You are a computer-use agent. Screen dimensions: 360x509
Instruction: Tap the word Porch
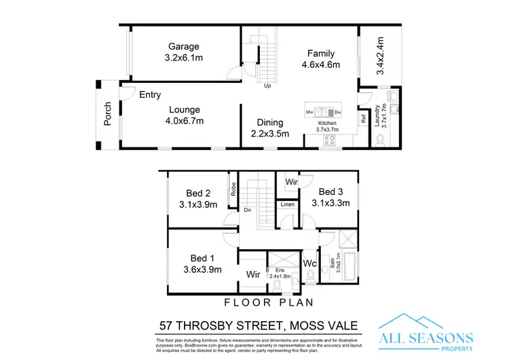tap(107, 113)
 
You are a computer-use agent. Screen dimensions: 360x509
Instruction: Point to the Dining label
tap(269, 122)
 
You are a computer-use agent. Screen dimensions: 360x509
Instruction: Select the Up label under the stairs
tap(268, 86)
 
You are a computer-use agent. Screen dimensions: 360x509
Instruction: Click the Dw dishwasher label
tap(337, 111)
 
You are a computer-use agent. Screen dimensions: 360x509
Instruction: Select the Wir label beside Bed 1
tap(252, 275)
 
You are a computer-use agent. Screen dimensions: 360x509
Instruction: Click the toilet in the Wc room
tap(311, 276)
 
